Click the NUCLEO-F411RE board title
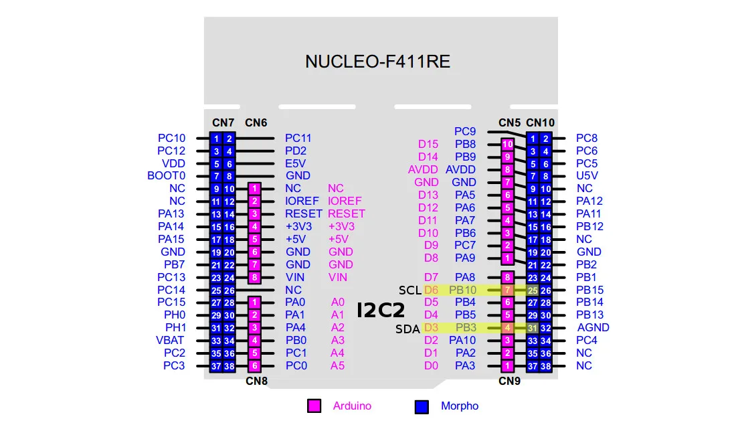377,62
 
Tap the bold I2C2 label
381,311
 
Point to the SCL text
409,290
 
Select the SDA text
407,329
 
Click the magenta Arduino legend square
314,406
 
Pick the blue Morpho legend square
422,407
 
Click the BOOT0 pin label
166,176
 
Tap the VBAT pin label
170,340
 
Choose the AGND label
593,327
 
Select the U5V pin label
587,175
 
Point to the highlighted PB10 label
462,290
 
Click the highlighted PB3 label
466,327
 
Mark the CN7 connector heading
223,123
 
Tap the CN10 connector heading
540,123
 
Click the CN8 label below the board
256,381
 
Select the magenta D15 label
428,145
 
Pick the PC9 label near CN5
465,132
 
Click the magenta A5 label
337,365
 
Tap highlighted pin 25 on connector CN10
533,290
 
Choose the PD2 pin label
295,151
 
